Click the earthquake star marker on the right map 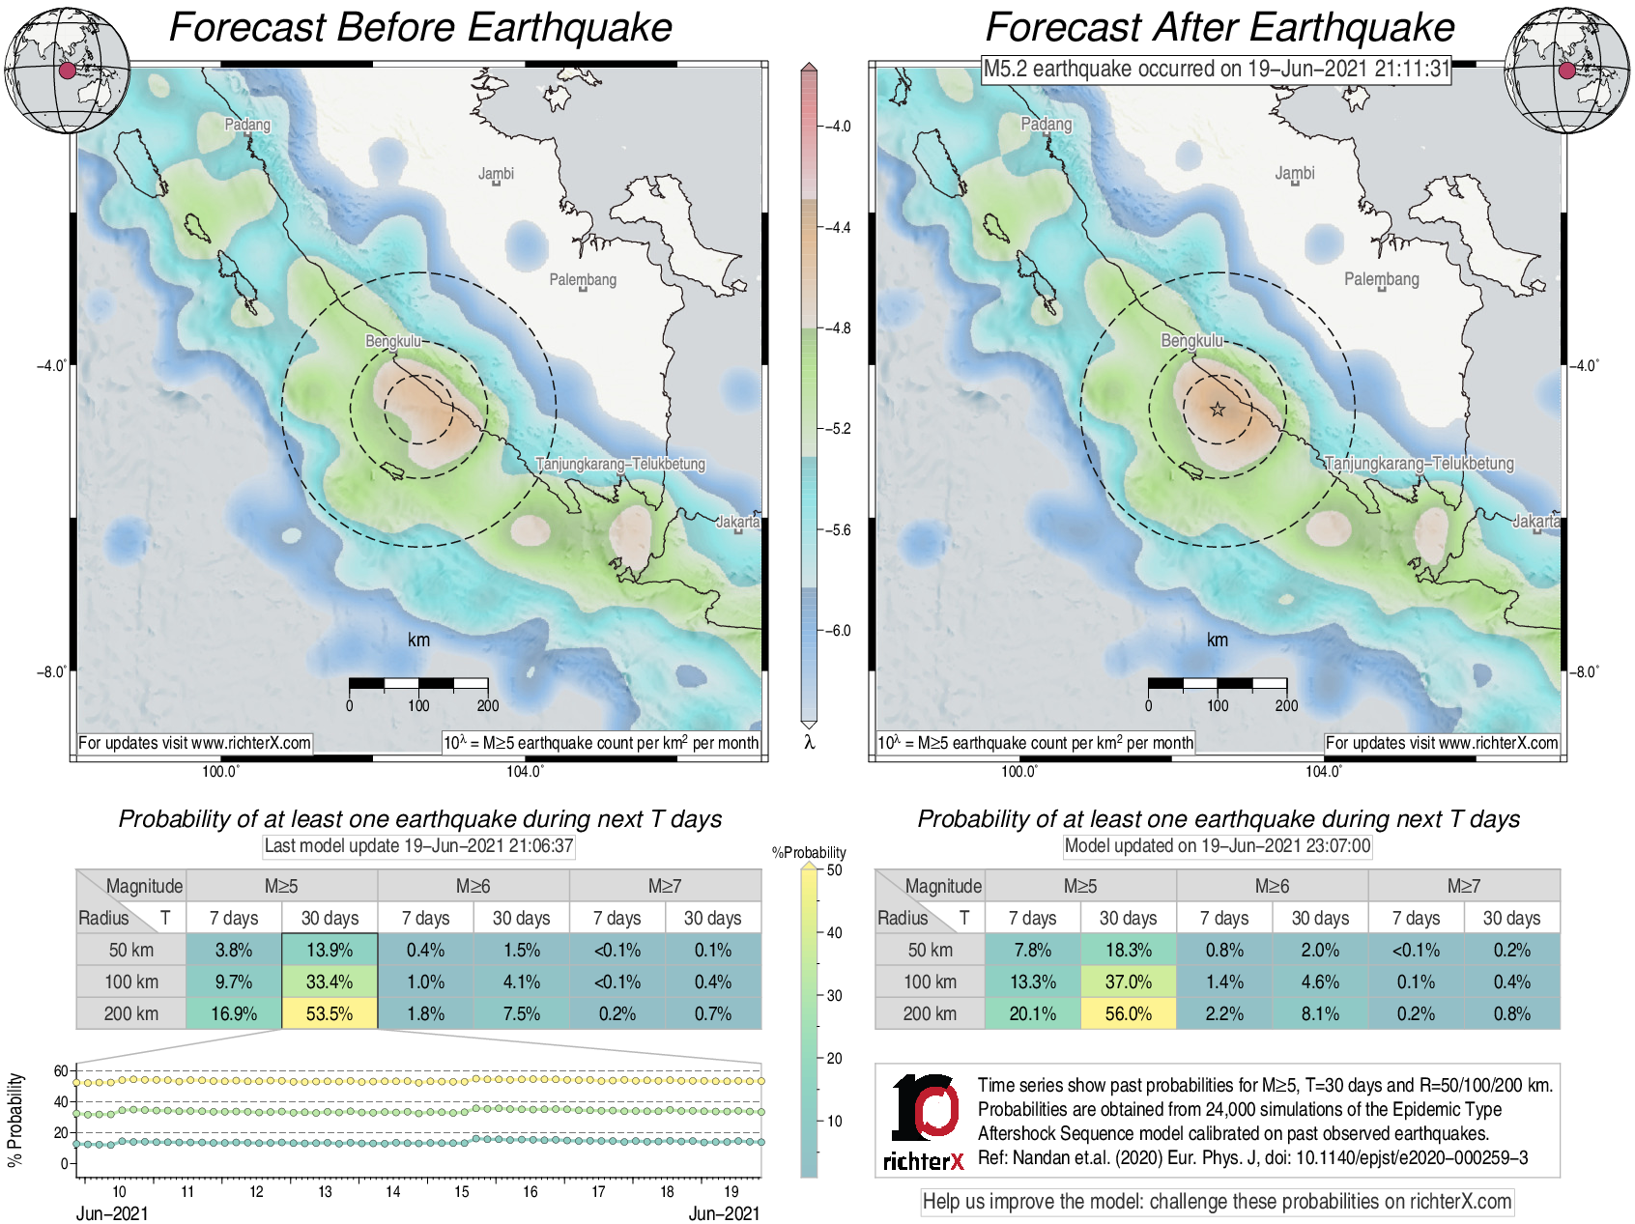tap(1218, 410)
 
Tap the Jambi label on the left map tap(496, 174)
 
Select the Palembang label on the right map tap(1381, 279)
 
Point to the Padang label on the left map tap(247, 125)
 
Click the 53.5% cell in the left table tap(330, 1013)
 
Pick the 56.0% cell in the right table tap(1128, 1013)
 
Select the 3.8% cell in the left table tap(233, 950)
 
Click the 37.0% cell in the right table tap(1128, 982)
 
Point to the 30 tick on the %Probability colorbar tap(834, 995)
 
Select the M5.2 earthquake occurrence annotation tap(1217, 69)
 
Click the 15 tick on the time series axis tap(462, 1191)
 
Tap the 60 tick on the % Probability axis tap(61, 1070)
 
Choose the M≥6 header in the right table tap(1272, 886)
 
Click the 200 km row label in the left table tap(131, 1013)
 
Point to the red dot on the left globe tap(67, 70)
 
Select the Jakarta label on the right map tap(1535, 522)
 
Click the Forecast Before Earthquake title tap(420, 27)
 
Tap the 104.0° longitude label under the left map tap(525, 771)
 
